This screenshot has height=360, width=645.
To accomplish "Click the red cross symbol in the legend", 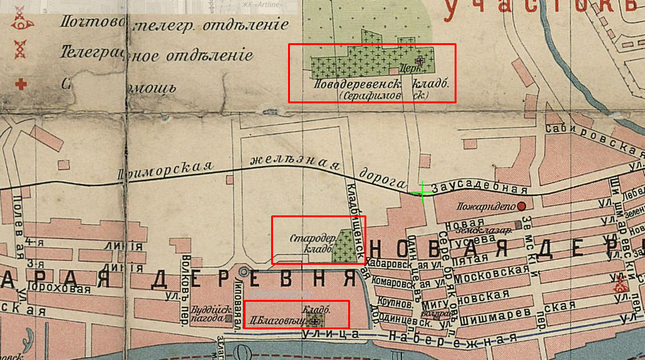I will (21, 83).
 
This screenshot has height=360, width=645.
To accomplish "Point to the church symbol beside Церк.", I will (420, 61).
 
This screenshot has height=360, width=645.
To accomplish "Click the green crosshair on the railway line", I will (423, 192).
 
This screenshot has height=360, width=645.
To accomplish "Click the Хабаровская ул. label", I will (391, 265).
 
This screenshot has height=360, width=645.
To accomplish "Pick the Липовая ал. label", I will (241, 301).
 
